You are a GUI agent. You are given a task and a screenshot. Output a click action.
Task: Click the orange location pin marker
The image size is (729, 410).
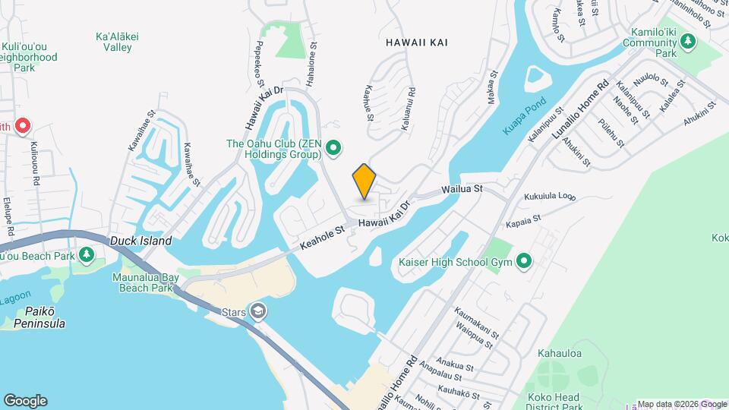point(364,181)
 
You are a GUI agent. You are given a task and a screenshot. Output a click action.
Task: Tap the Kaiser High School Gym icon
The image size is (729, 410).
point(524,263)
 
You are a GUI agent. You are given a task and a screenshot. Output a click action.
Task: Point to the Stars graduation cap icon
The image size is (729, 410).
point(259,311)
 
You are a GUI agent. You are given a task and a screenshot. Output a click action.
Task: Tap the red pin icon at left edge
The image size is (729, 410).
point(22,126)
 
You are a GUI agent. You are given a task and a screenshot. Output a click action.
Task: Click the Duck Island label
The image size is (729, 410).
point(140,241)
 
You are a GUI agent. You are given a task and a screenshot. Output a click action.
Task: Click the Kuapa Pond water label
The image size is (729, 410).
point(524,119)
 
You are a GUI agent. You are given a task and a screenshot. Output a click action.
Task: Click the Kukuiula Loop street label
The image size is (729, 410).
point(550,197)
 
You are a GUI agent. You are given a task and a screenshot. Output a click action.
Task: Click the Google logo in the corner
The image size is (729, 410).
point(25,401)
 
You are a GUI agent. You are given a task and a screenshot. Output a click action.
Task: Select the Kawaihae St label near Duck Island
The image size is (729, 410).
point(192,162)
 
